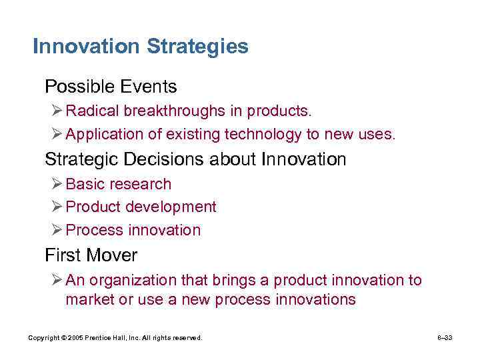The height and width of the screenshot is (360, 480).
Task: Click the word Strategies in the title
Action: [x=197, y=47]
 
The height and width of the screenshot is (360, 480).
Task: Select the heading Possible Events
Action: [x=111, y=87]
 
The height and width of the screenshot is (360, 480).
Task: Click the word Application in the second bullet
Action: [x=104, y=134]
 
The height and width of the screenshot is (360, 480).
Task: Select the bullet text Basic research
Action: [x=119, y=184]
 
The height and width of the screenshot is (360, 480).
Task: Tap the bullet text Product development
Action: [x=141, y=207]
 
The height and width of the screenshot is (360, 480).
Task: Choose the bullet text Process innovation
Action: [x=133, y=230]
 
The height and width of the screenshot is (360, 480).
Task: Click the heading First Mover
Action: [x=91, y=255]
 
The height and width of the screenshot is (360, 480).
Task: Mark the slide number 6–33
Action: [x=445, y=338]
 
